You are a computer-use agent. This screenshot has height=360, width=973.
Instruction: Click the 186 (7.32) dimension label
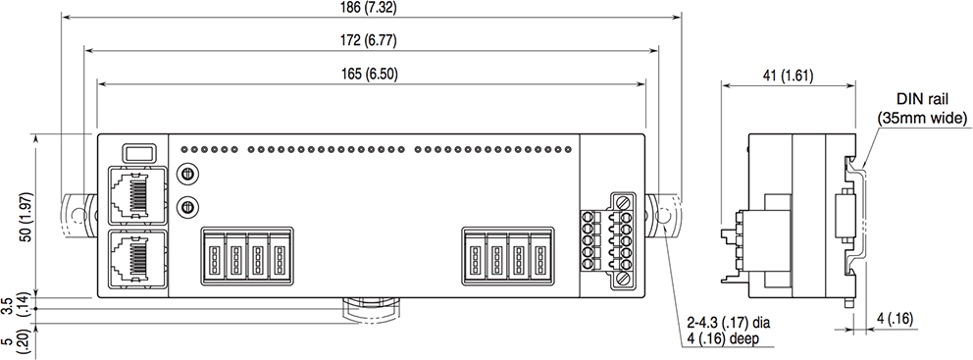(x=370, y=7)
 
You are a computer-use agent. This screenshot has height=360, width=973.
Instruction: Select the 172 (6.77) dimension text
(x=370, y=41)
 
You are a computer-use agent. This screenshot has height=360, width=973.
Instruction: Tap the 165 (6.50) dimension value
(x=370, y=75)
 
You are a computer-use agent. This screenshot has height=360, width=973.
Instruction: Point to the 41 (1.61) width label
(x=786, y=76)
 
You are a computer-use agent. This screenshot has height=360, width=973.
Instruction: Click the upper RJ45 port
(x=133, y=195)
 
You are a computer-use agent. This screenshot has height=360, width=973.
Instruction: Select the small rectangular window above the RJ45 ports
(x=139, y=153)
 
